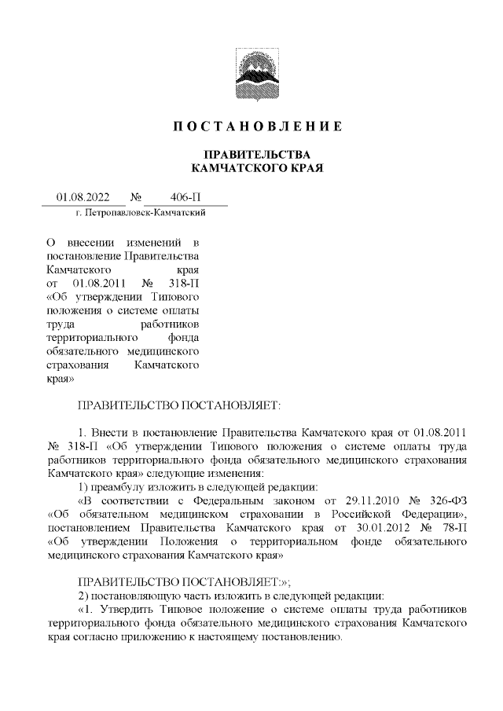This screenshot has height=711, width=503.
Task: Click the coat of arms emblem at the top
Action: (251, 69)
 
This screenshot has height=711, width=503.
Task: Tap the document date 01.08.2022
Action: (83, 196)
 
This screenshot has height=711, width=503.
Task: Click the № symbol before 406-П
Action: (134, 196)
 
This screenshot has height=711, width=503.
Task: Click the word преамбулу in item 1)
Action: (124, 487)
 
